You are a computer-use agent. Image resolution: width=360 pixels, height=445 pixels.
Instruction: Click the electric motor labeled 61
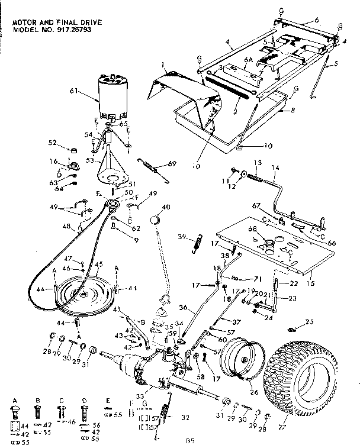tap(112, 96)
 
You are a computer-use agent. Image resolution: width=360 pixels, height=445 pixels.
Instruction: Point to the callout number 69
tap(172, 163)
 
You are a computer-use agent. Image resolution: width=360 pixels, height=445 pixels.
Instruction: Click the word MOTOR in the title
tap(24, 22)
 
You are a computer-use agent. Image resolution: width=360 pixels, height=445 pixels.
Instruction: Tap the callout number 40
tap(166, 207)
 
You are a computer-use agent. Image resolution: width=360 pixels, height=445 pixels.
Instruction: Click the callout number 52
tap(53, 144)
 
